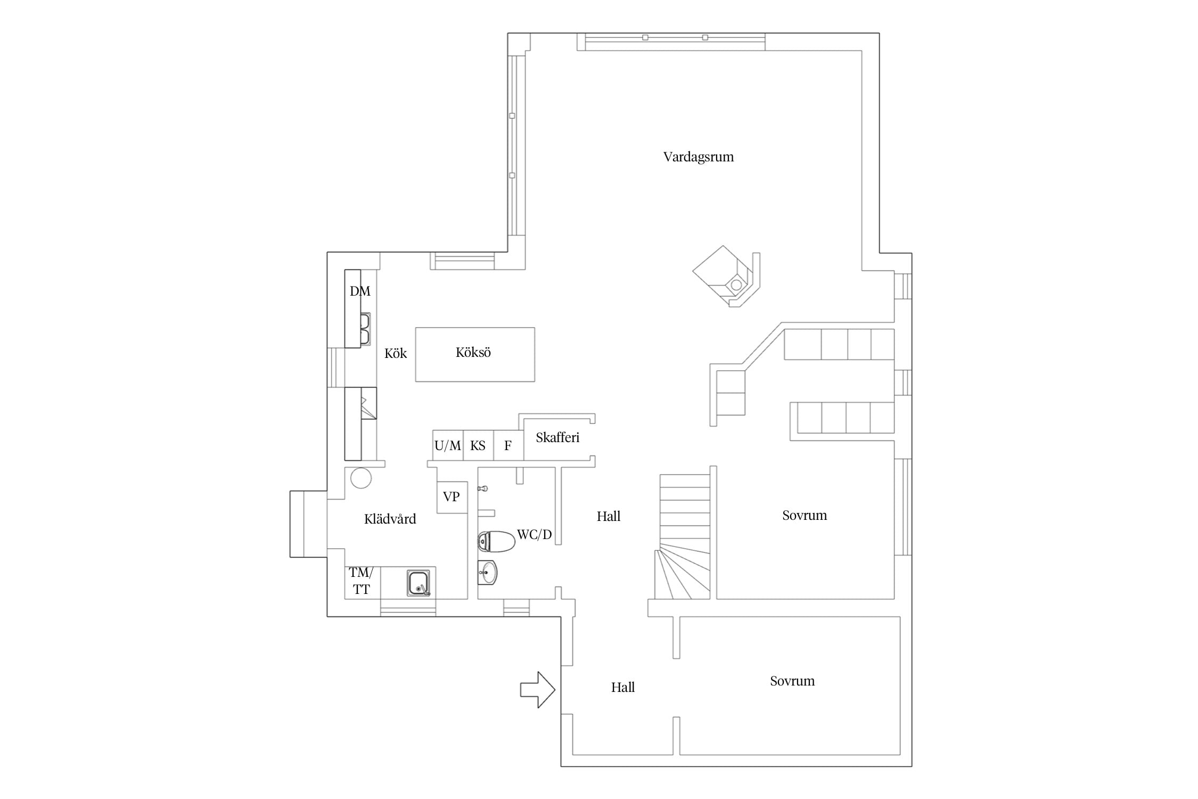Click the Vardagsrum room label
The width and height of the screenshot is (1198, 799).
coord(698,157)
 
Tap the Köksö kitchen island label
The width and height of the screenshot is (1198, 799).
coord(473,353)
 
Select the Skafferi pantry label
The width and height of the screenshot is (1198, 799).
coord(557,437)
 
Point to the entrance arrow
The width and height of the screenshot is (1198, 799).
coord(538,690)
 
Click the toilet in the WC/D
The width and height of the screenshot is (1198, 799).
coord(496,541)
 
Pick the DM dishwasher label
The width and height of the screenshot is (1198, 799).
coord(360,291)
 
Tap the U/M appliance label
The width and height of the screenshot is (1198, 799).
coord(447,446)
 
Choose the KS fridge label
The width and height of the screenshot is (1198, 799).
coord(478,446)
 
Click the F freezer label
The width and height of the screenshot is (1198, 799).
coord(508,446)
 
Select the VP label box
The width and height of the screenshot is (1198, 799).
coord(452,497)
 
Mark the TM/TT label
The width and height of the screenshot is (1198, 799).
coord(361,581)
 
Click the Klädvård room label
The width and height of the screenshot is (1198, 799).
coord(390,519)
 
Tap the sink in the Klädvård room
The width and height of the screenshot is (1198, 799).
coord(419,583)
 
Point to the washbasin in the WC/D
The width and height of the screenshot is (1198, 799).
coord(487,573)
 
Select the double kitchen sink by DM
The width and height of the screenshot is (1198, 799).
coord(365,329)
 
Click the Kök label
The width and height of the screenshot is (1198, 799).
coord(395,354)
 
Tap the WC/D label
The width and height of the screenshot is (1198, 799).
coord(534,535)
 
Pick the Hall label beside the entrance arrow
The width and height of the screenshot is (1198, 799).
coord(622,688)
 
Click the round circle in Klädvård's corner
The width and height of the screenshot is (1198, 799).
coord(361,478)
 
